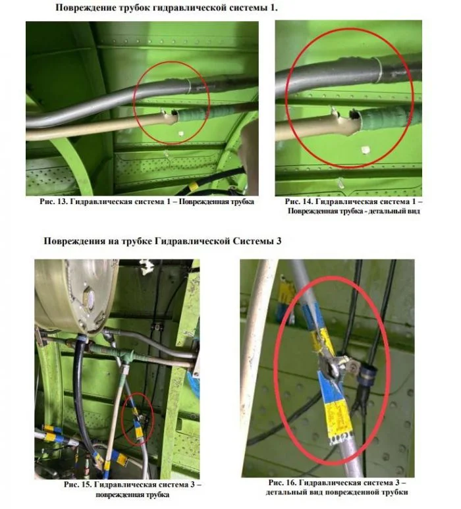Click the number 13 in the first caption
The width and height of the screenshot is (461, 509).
pos(61,201)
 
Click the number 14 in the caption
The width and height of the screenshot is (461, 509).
pos(307,201)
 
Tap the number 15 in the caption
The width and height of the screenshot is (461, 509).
pos(86,485)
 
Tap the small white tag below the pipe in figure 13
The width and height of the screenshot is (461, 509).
pos(181,134)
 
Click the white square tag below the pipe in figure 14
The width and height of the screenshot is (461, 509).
pos(366,150)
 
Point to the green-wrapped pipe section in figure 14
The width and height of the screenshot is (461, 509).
pos(385,118)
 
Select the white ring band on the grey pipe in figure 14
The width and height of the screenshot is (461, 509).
pos(379,70)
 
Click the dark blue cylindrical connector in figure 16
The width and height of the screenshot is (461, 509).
pos(367,373)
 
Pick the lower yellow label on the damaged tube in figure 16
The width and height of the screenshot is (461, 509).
pos(338,421)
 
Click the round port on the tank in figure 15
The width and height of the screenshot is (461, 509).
pos(90,296)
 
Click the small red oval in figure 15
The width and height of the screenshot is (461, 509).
pos(138,418)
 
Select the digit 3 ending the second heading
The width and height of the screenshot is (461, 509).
pos(279,241)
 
